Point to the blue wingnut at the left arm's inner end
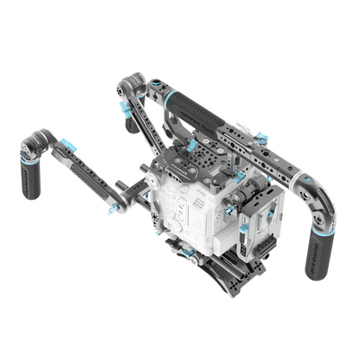[x=112, y=209]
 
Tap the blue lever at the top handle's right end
[x=259, y=137]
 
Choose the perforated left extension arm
[x=87, y=169]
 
